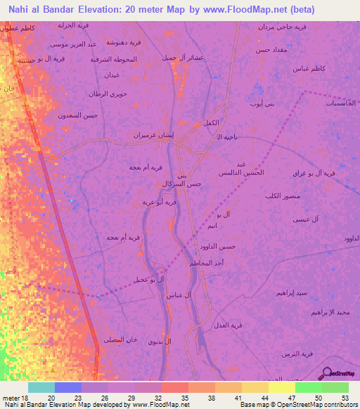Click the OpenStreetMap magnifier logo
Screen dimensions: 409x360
[x=327, y=373]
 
